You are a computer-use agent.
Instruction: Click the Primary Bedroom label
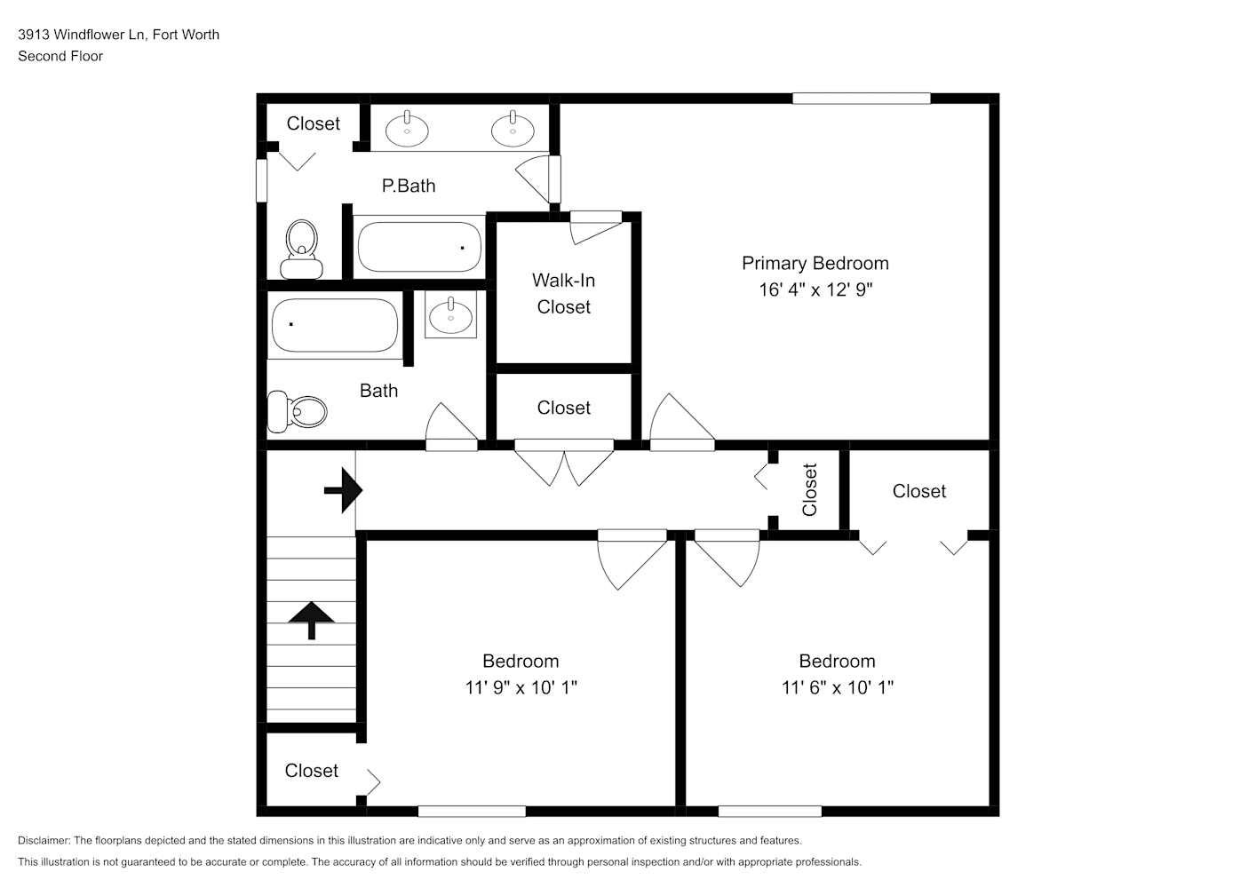(815, 264)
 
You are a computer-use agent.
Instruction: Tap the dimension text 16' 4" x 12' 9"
(815, 289)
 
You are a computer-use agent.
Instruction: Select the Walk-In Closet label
(563, 294)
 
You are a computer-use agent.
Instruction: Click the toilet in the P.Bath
(302, 250)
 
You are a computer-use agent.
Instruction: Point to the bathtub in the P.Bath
(419, 247)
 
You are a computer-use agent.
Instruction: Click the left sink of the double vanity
(407, 130)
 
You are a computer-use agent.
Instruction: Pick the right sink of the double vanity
(513, 130)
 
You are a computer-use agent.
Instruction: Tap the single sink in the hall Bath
(451, 315)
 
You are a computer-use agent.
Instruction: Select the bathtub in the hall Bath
(335, 325)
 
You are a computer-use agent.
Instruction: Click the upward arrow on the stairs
(311, 621)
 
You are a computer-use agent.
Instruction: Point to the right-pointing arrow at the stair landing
(343, 490)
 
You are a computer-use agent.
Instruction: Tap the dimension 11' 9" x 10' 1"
(521, 688)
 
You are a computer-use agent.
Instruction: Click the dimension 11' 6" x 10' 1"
(838, 688)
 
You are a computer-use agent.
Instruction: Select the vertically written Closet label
(810, 489)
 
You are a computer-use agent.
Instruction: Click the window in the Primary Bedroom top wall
(862, 99)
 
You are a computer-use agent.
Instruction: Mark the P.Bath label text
(409, 186)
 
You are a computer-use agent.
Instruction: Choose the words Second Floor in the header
(60, 56)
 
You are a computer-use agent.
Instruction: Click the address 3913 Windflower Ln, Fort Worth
(118, 35)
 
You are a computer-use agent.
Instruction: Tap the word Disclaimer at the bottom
(44, 840)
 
